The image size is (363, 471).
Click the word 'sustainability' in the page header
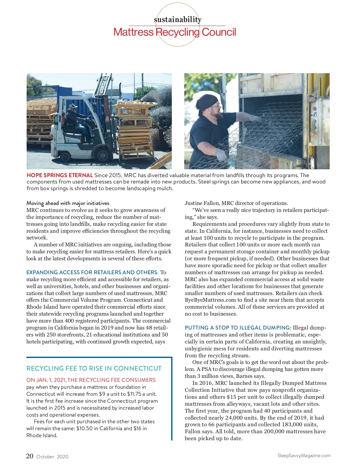click(x=178, y=20)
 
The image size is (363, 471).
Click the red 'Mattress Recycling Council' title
click(x=175, y=32)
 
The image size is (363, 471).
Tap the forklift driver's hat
click(x=73, y=106)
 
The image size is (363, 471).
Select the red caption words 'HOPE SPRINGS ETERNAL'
click(x=60, y=175)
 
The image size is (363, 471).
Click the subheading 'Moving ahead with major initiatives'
click(x=68, y=203)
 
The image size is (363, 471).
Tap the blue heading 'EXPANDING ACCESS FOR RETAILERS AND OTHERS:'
click(x=92, y=272)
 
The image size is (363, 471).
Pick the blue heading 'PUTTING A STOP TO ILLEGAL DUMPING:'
click(x=238, y=328)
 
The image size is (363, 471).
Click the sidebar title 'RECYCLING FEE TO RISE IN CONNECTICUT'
click(x=94, y=369)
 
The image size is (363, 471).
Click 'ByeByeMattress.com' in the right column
click(x=211, y=300)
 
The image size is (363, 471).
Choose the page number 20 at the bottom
click(x=30, y=456)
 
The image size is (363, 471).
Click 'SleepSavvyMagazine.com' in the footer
click(x=304, y=456)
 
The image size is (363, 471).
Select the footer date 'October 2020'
click(x=52, y=457)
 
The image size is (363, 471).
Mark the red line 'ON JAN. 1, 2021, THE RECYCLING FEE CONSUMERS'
click(x=91, y=380)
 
